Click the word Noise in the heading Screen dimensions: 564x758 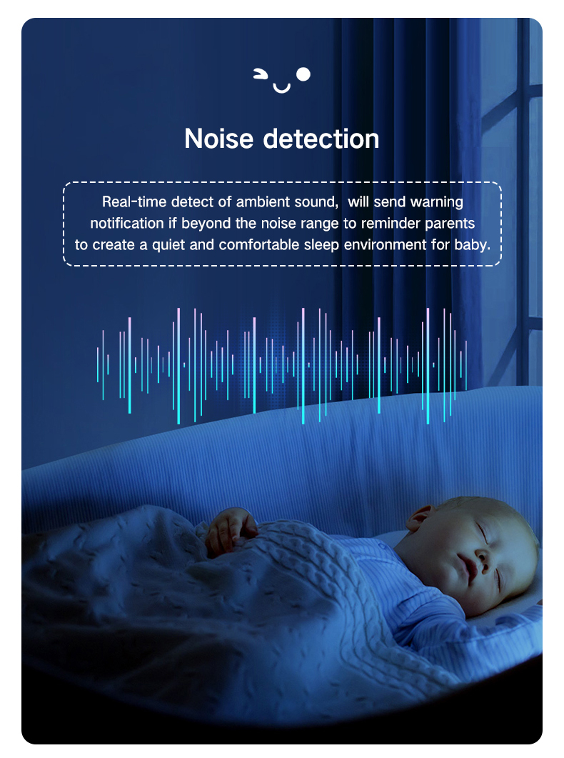218,139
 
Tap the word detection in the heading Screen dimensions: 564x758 321,139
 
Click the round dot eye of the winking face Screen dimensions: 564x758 303,74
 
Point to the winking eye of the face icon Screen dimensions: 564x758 261,74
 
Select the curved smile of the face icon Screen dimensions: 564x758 281,88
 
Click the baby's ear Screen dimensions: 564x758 418,519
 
